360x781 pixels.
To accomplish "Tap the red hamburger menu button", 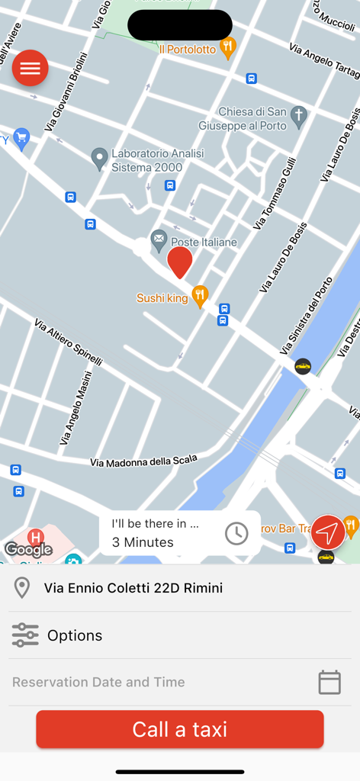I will (x=31, y=69).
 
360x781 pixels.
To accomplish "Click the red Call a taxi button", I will (x=180, y=729).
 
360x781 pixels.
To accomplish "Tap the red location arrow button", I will (x=327, y=532).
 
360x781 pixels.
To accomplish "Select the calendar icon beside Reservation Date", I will (x=329, y=682).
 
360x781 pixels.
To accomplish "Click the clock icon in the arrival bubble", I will (x=236, y=533).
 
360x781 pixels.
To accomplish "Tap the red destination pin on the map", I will (x=180, y=262).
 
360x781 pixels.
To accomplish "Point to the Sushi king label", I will (x=162, y=298).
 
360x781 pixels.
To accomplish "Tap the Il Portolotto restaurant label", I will (x=188, y=49).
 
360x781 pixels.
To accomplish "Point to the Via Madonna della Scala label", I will (x=143, y=460).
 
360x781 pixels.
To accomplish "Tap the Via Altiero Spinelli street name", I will (x=68, y=342).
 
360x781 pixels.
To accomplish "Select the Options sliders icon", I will (x=24, y=635).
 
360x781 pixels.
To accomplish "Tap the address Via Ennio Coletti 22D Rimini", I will (x=133, y=588).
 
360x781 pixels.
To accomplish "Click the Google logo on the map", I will (x=28, y=549).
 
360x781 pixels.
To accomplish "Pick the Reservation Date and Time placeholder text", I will (x=98, y=682).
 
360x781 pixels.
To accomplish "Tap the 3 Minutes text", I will (x=143, y=542).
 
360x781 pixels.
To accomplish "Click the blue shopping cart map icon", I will (x=21, y=137).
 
